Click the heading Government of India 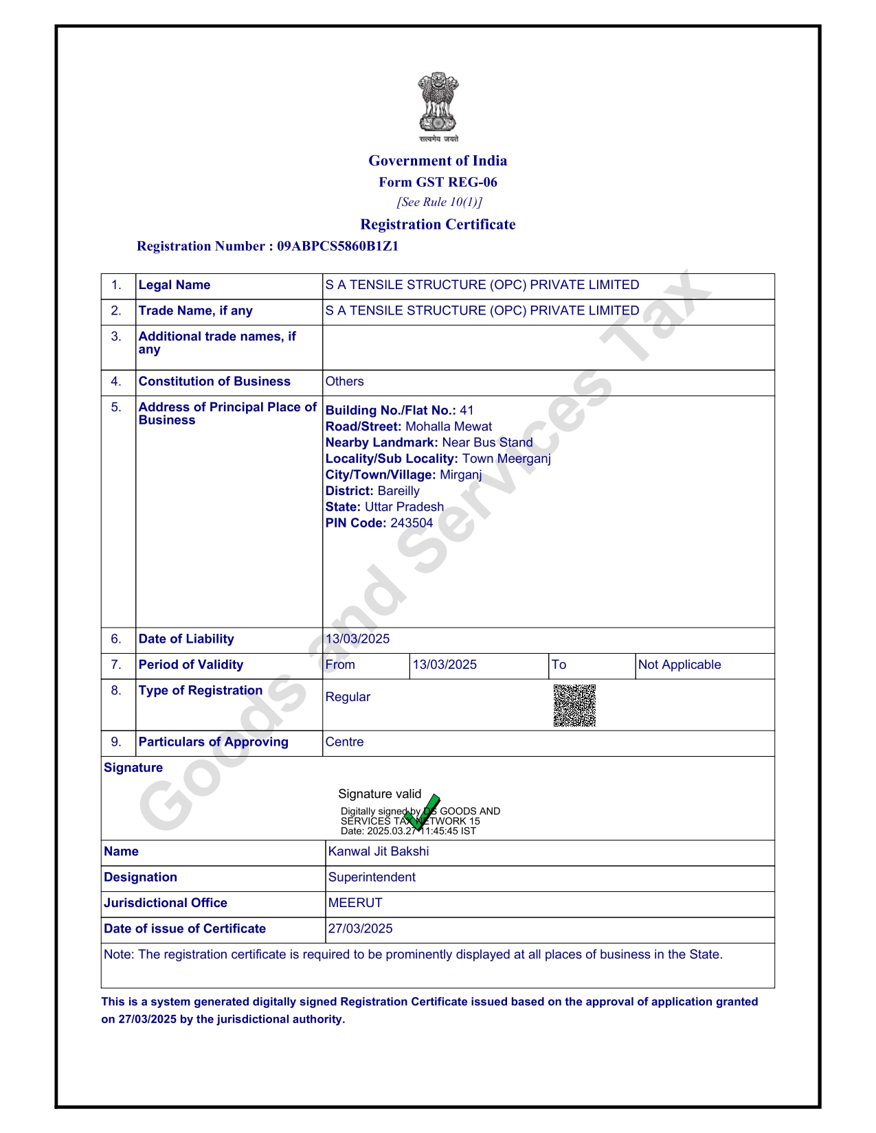pos(438,161)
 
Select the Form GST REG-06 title pos(438,182)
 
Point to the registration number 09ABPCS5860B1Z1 pos(337,246)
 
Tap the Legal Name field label pos(175,285)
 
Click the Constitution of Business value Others pos(344,381)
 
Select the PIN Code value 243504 pos(412,523)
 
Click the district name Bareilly pos(398,491)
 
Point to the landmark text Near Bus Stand pos(487,442)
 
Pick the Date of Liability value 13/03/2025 pos(357,639)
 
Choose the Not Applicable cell pos(680,665)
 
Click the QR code pos(574,705)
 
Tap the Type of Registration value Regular pos(348,697)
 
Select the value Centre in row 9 pos(344,742)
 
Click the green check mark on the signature pos(423,812)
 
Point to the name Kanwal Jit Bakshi pos(379,851)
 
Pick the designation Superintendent pos(372,877)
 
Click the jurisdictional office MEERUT pos(355,903)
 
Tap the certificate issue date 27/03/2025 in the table pos(361,928)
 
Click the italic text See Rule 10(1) pos(439,202)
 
